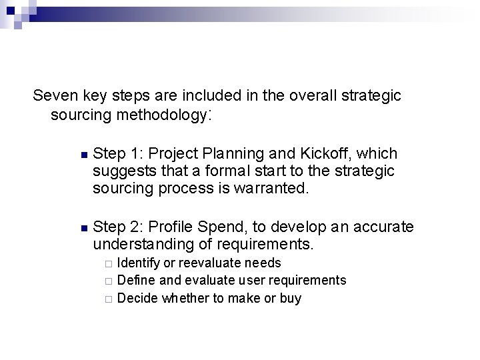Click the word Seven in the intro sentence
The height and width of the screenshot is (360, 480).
53,96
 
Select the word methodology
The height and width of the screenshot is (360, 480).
163,115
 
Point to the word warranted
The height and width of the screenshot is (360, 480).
273,189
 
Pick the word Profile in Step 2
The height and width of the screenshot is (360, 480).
172,227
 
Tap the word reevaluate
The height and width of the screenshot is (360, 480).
202,263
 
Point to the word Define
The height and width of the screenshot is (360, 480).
135,281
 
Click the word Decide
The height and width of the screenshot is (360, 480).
137,298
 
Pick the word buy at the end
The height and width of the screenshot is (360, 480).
291,299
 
